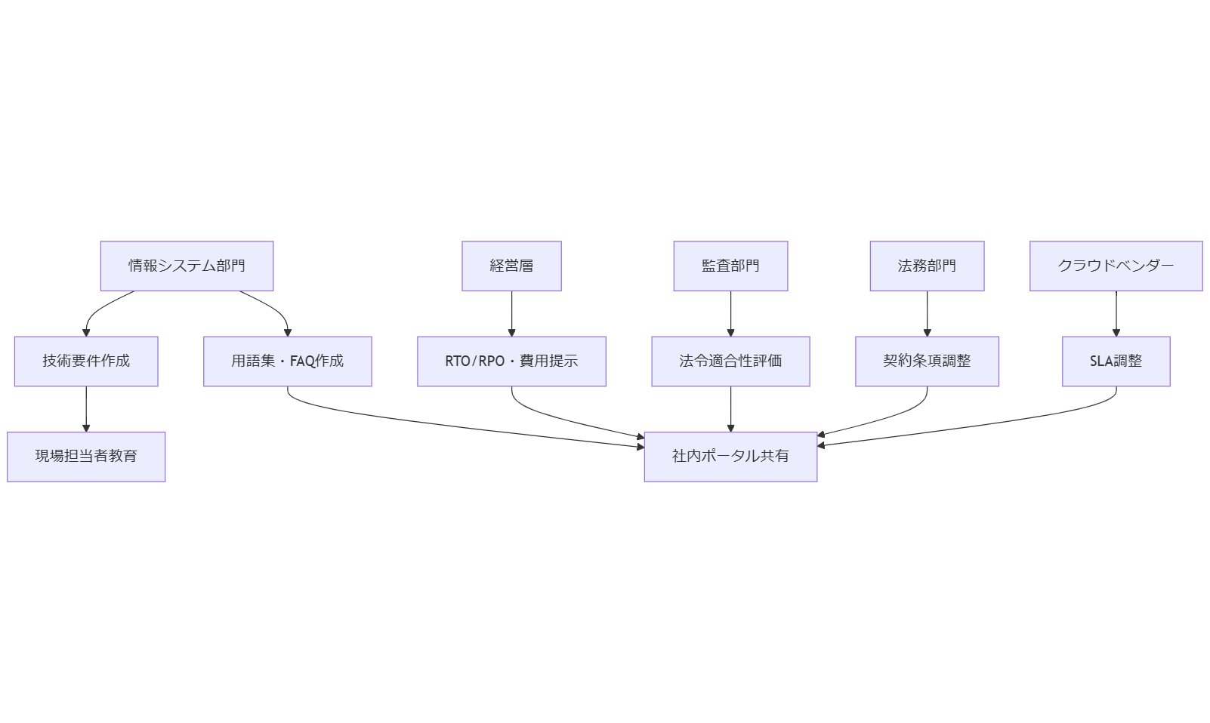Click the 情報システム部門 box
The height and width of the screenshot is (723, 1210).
pos(187,266)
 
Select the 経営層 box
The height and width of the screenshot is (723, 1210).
pos(511,266)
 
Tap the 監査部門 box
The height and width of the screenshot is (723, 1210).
pos(730,266)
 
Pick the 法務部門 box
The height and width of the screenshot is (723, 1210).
pos(927,266)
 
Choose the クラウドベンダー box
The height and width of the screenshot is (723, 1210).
pos(1116,266)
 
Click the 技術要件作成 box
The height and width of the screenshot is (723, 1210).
pos(86,361)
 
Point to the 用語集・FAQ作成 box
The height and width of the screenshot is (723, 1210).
pos(287,361)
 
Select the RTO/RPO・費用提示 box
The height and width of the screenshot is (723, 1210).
pos(511,361)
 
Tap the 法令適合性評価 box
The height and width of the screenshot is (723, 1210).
pos(730,361)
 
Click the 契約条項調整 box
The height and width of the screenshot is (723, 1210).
pos(927,361)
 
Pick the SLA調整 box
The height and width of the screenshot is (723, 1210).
pos(1116,361)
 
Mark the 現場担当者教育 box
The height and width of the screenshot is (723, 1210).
pos(86,456)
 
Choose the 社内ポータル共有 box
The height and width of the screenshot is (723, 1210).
pos(730,456)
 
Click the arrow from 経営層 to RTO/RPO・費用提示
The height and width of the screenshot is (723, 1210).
pos(511,313)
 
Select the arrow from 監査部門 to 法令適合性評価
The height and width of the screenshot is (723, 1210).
pos(730,313)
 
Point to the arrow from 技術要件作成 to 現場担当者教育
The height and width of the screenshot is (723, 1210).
pos(86,408)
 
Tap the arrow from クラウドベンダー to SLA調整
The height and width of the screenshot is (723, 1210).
pos(1116,313)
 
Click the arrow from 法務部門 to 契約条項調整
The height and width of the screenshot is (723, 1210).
pos(927,313)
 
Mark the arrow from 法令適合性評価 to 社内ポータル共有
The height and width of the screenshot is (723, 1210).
pos(730,408)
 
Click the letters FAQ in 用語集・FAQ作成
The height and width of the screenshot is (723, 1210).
pos(302,361)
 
